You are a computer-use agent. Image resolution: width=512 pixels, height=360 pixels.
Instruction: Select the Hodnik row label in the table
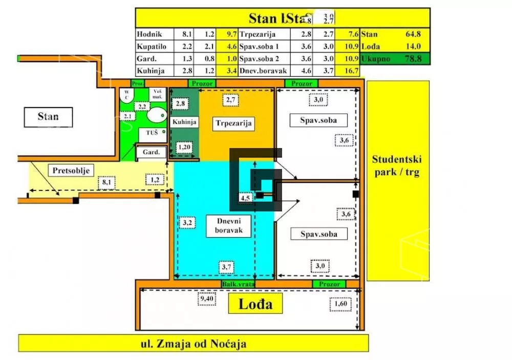coord(149,35)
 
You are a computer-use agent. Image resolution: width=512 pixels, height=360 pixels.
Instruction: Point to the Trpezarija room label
coord(235,123)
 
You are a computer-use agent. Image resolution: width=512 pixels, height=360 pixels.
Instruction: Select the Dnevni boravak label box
coord(225,225)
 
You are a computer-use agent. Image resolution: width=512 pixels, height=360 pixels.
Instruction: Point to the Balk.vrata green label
coord(238,284)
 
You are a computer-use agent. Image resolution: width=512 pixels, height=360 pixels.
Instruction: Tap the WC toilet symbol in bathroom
coord(126,95)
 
